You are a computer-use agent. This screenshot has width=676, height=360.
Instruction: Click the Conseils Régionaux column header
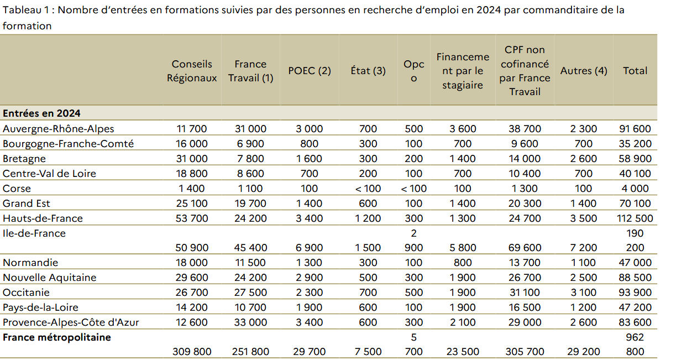tap(192, 71)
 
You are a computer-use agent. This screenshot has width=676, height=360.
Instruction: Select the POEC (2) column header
tap(310, 71)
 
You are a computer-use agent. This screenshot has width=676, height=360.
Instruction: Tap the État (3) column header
tap(368, 71)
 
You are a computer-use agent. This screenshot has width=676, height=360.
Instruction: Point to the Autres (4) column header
tap(583, 71)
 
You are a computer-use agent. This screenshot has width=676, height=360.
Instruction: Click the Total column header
tap(635, 71)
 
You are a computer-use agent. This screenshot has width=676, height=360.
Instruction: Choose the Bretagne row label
tap(24, 159)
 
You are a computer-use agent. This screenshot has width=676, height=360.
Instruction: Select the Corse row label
tap(17, 189)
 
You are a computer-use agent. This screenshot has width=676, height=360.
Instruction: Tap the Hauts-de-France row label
tap(43, 218)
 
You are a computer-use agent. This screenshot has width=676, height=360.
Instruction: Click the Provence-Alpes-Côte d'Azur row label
tap(70, 322)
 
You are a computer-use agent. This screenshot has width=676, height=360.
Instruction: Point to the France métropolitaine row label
tap(57, 337)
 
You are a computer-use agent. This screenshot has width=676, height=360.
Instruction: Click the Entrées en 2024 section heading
tap(41, 113)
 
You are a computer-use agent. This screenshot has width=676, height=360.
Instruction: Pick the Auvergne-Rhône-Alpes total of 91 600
tap(635, 129)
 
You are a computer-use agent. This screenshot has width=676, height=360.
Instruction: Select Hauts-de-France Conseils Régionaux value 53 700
tap(192, 218)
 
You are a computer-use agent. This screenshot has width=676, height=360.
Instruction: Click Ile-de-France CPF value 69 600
tap(525, 248)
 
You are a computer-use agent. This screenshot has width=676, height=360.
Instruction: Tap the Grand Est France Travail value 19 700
tap(250, 204)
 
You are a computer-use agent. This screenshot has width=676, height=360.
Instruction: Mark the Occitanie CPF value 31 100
tap(525, 293)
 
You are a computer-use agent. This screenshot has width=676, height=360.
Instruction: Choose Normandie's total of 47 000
tap(635, 263)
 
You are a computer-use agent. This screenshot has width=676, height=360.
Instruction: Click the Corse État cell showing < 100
tap(368, 189)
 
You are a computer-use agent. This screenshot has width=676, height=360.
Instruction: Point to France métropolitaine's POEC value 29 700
tap(310, 352)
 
